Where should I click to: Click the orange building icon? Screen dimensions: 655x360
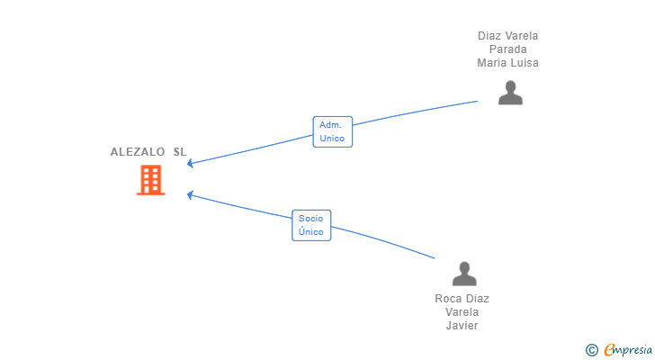coord(151,180)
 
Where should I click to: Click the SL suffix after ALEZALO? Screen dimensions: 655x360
coord(180,152)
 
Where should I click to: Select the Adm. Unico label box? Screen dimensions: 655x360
coord(333,132)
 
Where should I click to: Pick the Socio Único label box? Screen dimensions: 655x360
coord(311,226)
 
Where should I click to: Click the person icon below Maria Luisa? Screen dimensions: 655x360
coord(510,93)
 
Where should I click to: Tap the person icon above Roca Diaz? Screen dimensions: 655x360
coord(464,274)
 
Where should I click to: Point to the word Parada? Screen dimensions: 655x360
coord(508,49)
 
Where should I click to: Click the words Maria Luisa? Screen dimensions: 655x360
coord(508,63)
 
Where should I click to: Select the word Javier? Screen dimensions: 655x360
coord(462,325)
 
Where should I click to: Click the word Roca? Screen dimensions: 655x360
coord(447,299)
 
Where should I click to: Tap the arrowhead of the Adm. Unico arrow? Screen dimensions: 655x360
coord(190,163)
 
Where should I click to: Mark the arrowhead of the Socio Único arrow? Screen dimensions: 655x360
coord(190,194)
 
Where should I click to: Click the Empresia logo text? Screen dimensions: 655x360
coord(628,349)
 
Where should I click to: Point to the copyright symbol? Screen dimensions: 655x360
coord(591,350)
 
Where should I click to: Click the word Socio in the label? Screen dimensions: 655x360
coord(310,219)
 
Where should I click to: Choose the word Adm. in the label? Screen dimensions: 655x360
coord(330,125)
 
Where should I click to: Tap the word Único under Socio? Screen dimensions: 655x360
coord(310,232)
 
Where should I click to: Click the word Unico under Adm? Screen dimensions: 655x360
coord(332,139)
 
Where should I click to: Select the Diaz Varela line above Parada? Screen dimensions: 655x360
coord(508,36)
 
